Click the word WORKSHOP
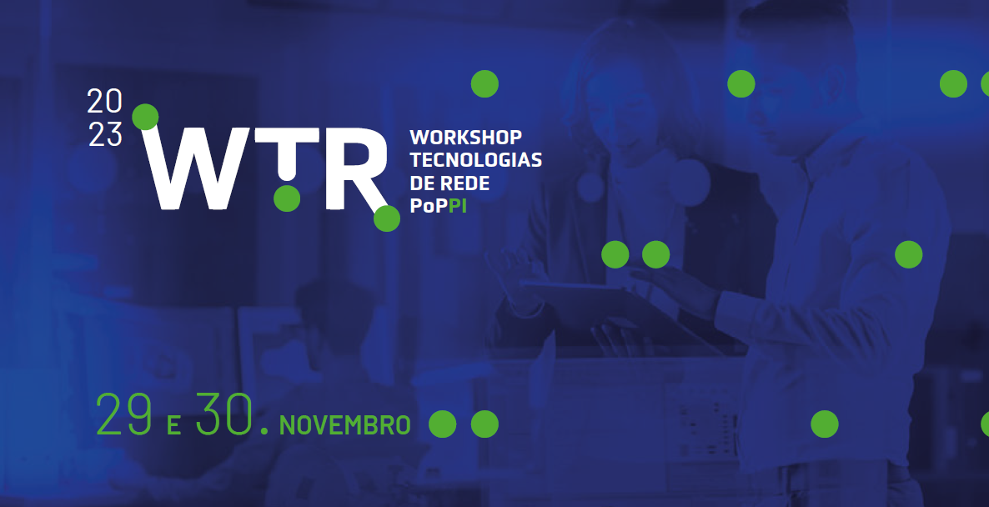(x=466, y=137)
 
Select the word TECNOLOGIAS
(x=476, y=160)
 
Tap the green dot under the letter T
(x=287, y=198)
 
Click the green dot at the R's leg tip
(x=387, y=218)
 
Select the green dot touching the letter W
(x=145, y=118)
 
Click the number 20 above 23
(x=105, y=101)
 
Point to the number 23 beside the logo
(x=105, y=134)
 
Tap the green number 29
(x=124, y=414)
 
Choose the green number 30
(x=224, y=414)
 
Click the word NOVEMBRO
(x=344, y=425)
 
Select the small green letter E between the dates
(x=174, y=425)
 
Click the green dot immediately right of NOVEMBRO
(x=442, y=424)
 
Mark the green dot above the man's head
(x=741, y=84)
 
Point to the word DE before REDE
(x=423, y=183)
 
